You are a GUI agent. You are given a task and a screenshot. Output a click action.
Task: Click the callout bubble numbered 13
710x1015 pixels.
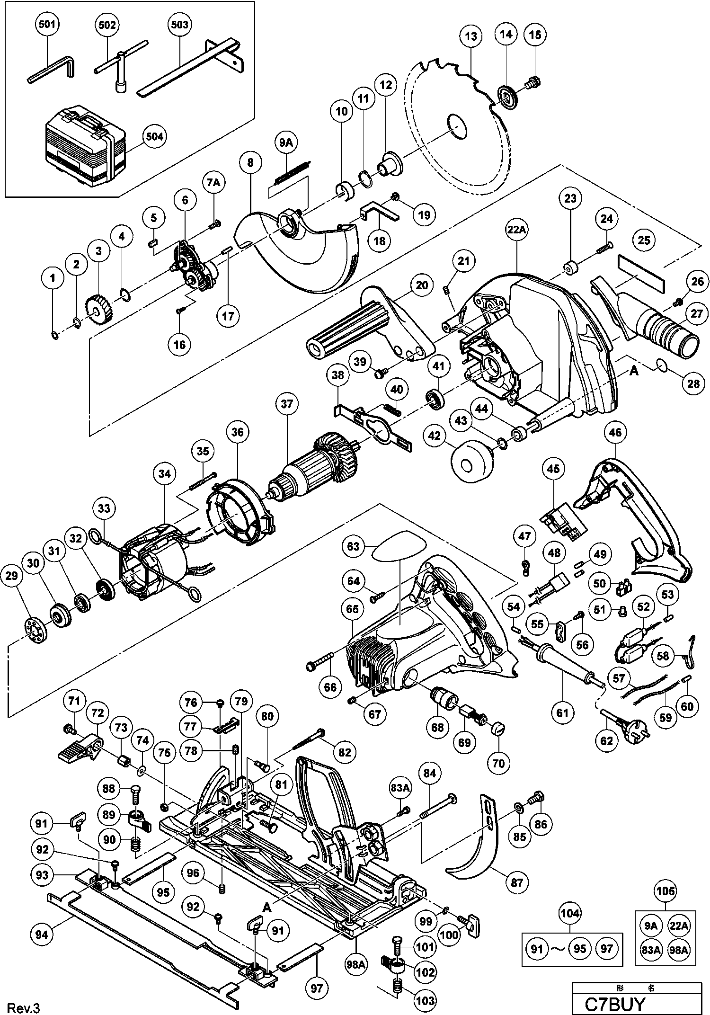point(470,36)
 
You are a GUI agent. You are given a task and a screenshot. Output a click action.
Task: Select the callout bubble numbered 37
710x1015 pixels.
point(287,404)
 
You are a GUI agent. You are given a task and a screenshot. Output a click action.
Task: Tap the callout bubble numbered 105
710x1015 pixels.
point(665,891)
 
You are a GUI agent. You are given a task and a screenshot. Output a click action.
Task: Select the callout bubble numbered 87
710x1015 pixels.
point(517,882)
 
